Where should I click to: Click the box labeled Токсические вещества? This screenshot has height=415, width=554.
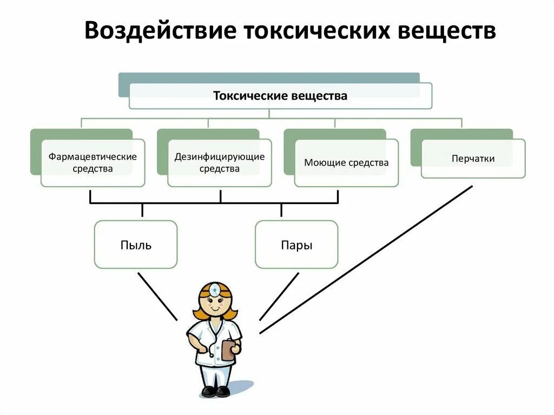point(280,96)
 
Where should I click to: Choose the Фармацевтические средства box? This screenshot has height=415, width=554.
point(93,163)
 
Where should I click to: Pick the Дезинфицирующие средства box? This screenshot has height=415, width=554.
point(220,163)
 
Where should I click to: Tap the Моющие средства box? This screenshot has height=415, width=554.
point(346,163)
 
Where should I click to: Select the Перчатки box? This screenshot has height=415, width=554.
point(473,159)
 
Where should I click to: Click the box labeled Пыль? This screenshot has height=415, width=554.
point(136,245)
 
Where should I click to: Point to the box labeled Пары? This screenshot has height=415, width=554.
point(296,245)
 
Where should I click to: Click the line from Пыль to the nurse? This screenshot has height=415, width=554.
point(157,295)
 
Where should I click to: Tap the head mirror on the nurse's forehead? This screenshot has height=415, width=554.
point(215,290)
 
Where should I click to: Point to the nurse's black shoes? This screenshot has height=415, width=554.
point(216,391)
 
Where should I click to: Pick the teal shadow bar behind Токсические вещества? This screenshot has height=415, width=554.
point(269,77)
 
